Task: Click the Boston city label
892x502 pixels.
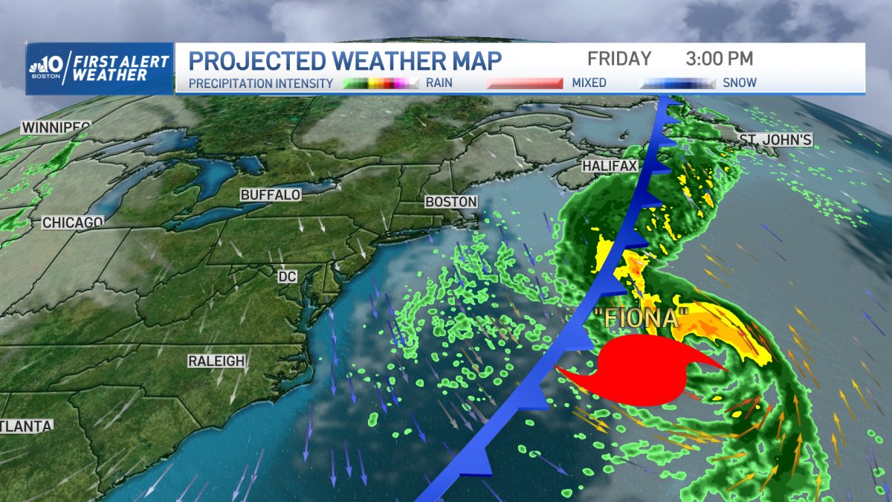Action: pyautogui.click(x=450, y=202)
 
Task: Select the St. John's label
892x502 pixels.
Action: pyautogui.click(x=775, y=139)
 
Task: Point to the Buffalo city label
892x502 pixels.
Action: pyautogui.click(x=271, y=195)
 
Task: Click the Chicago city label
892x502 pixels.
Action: pyautogui.click(x=72, y=222)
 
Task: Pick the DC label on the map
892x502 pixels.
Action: pyautogui.click(x=287, y=277)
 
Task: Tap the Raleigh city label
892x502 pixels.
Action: pyautogui.click(x=216, y=361)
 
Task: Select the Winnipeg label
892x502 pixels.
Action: pyautogui.click(x=56, y=127)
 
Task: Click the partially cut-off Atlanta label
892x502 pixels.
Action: pyautogui.click(x=27, y=426)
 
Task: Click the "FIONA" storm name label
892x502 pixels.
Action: pyautogui.click(x=639, y=318)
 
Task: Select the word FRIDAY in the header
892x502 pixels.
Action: pyautogui.click(x=619, y=59)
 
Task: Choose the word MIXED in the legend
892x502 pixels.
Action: pyautogui.click(x=589, y=83)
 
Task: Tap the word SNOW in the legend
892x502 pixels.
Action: pyautogui.click(x=740, y=83)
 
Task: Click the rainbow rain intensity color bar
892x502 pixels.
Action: pyautogui.click(x=382, y=83)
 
